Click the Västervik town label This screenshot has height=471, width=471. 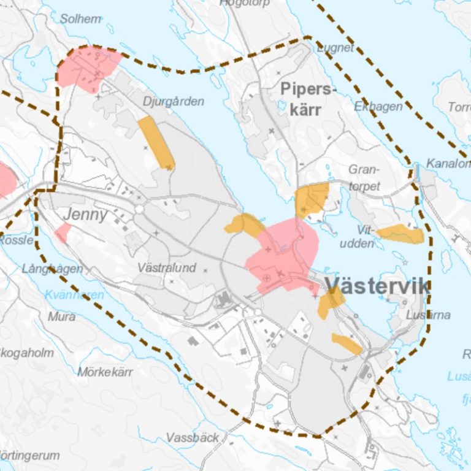pyautogui.click(x=377, y=286)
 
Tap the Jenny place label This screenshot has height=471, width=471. pyautogui.click(x=85, y=215)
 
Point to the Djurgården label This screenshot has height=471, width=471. pyautogui.click(x=173, y=101)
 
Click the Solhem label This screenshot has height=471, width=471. pyautogui.click(x=80, y=19)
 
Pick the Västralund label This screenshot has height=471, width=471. pyautogui.click(x=167, y=268)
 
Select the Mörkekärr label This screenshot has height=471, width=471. pyautogui.click(x=105, y=372)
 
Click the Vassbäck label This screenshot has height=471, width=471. pyautogui.click(x=193, y=438)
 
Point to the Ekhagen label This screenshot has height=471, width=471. pyautogui.click(x=378, y=107)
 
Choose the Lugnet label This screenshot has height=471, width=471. pyautogui.click(x=336, y=48)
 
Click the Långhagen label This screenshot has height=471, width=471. pyautogui.click(x=52, y=269)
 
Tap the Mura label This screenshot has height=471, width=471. pyautogui.click(x=62, y=316)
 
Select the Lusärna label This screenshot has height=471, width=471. pyautogui.click(x=428, y=315)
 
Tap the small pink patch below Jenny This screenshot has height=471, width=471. pyautogui.click(x=63, y=233)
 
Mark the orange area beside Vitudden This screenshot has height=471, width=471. pyautogui.click(x=402, y=233)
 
